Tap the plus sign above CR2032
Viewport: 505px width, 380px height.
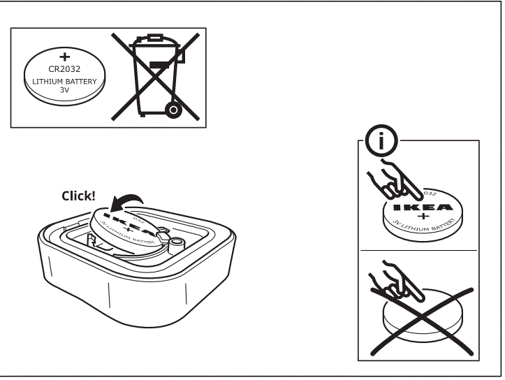click(65, 56)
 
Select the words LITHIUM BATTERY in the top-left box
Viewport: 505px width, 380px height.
click(65, 81)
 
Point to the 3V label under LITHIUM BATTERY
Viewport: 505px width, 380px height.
click(65, 91)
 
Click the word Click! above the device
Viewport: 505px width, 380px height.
click(78, 196)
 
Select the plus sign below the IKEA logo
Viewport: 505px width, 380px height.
click(422, 218)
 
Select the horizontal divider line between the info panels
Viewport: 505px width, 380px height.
click(419, 250)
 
